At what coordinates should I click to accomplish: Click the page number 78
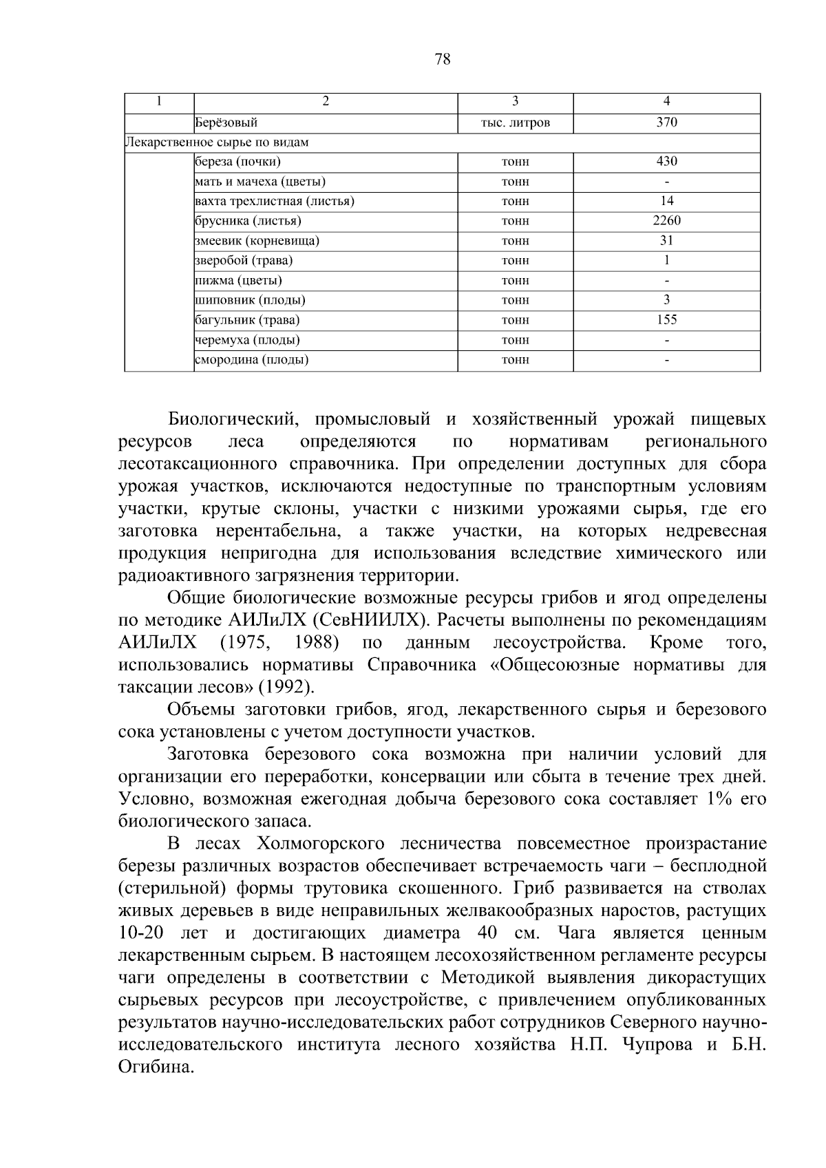(443, 60)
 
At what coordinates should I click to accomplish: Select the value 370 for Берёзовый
(666, 123)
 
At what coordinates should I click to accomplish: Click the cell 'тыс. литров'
(515, 123)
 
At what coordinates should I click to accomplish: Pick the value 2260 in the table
(666, 221)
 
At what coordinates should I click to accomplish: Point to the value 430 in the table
(666, 162)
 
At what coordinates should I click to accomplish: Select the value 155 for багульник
(666, 319)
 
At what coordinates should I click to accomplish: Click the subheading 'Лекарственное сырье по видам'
(216, 142)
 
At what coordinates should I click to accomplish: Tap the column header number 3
(515, 101)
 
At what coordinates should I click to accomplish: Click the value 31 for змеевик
(666, 241)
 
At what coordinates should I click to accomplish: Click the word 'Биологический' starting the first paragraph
(233, 419)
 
